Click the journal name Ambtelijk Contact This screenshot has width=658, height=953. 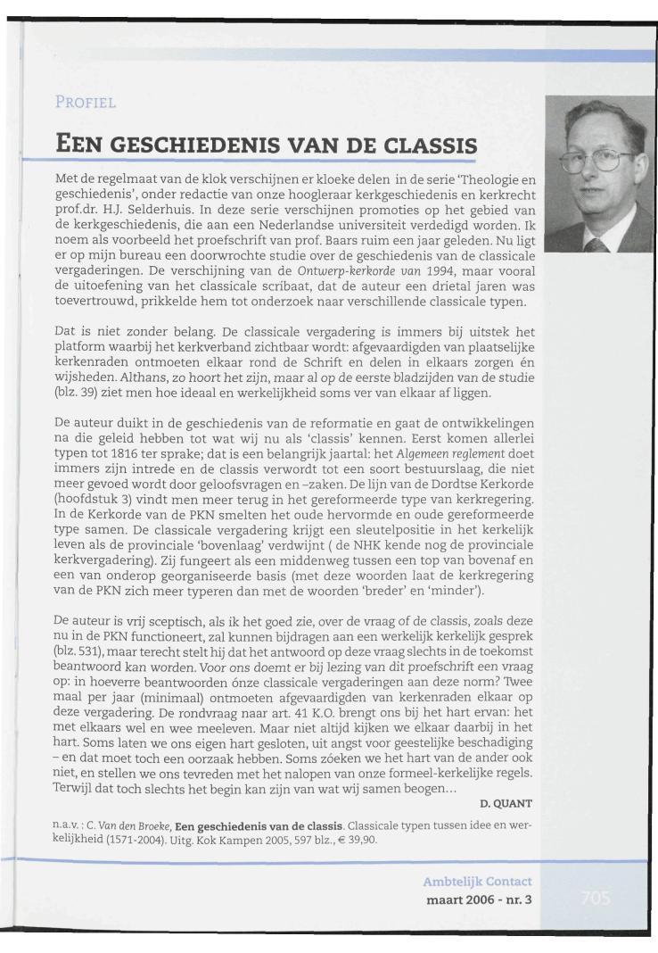pos(477,883)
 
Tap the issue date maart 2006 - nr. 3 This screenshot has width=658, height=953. pos(480,899)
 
